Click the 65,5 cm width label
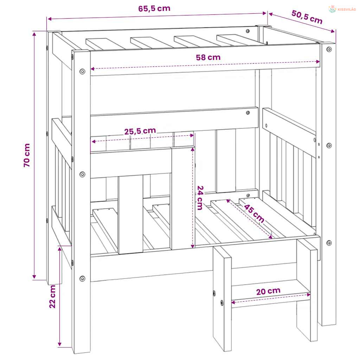click(x=154, y=8)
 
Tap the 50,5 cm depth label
click(x=307, y=17)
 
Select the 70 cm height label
click(x=27, y=155)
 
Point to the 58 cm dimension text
click(x=208, y=57)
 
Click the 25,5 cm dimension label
click(x=140, y=131)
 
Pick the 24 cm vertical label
click(x=200, y=198)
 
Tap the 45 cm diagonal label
click(x=254, y=213)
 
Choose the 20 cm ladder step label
click(x=268, y=291)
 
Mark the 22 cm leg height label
click(x=52, y=296)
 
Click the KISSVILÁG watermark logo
click(x=342, y=9)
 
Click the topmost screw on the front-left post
click(x=82, y=71)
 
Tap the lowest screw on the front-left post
click(x=82, y=279)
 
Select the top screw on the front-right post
click(x=329, y=49)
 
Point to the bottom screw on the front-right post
click(x=329, y=243)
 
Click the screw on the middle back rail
click(x=248, y=113)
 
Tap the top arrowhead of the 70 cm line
click(x=34, y=34)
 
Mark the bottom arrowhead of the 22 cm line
click(x=59, y=344)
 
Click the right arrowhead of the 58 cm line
click(x=318, y=62)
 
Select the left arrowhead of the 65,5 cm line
click(x=49, y=19)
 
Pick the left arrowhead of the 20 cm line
click(x=233, y=302)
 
